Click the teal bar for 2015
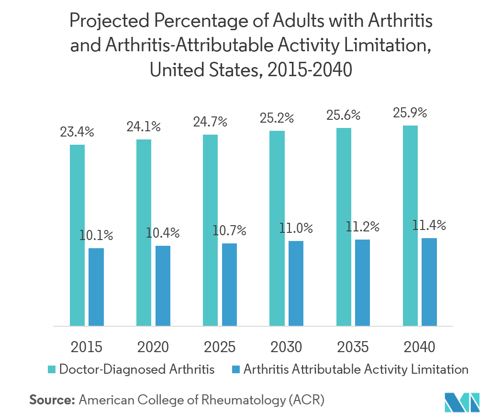coord(77,235)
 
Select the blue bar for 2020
coord(163,286)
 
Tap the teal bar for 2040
coord(410,226)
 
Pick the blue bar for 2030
coord(296,283)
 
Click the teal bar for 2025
coord(210,230)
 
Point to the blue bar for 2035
coord(362,283)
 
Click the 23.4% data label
coord(77,132)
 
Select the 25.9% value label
coord(410,114)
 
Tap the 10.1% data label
coord(96,235)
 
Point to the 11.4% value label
coord(429,225)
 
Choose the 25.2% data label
coord(277,118)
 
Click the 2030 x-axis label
coord(286,346)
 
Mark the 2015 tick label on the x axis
coord(86,346)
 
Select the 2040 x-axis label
coord(419,346)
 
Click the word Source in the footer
coord(52,400)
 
